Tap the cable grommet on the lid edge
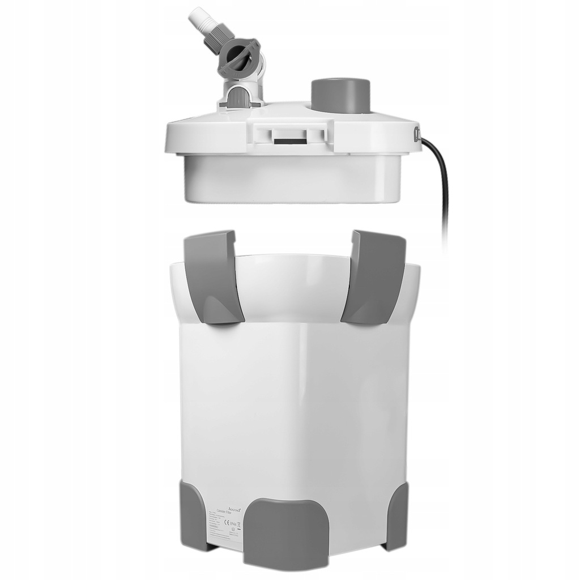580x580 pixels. (x=417, y=135)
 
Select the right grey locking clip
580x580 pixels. (x=375, y=276)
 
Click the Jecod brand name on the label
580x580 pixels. (x=233, y=510)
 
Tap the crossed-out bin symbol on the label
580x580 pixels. (x=238, y=526)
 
